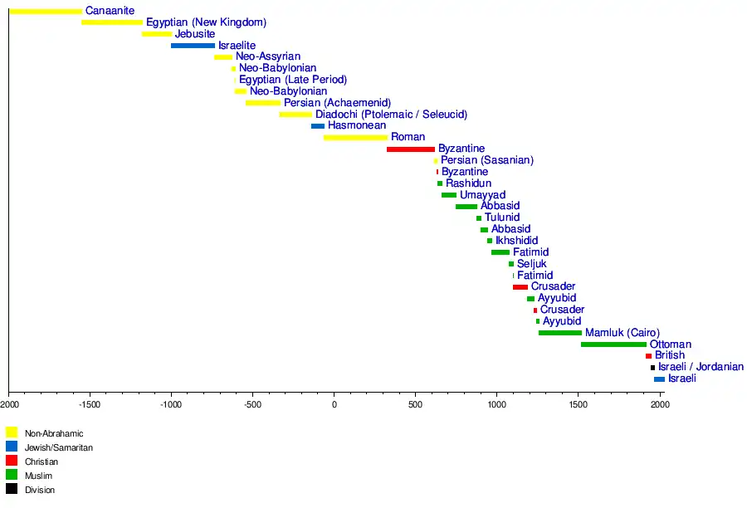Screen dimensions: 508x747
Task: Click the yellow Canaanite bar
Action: point(46,11)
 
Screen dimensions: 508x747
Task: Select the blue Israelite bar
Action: point(193,46)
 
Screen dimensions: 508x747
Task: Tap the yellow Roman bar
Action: point(355,137)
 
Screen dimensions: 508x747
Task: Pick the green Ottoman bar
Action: point(613,344)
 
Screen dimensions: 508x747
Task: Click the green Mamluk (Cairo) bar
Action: point(559,333)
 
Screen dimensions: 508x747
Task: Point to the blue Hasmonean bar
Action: point(318,126)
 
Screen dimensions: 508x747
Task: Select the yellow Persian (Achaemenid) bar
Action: point(262,103)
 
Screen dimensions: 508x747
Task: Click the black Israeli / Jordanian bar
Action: point(652,367)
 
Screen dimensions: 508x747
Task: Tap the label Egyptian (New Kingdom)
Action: point(206,22)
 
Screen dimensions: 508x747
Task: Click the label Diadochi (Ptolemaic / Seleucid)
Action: point(391,115)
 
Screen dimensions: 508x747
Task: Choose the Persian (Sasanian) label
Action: point(487,160)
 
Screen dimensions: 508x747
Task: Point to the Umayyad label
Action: point(482,195)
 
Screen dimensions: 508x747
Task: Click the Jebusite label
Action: point(196,34)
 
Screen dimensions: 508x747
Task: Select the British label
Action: point(670,355)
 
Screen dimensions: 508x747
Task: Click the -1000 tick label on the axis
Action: point(171,405)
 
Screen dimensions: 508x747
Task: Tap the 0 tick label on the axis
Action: point(334,405)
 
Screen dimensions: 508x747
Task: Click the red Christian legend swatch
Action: point(12,461)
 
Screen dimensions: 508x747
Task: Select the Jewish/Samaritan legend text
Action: point(59,447)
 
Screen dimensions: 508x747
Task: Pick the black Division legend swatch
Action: point(12,490)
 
